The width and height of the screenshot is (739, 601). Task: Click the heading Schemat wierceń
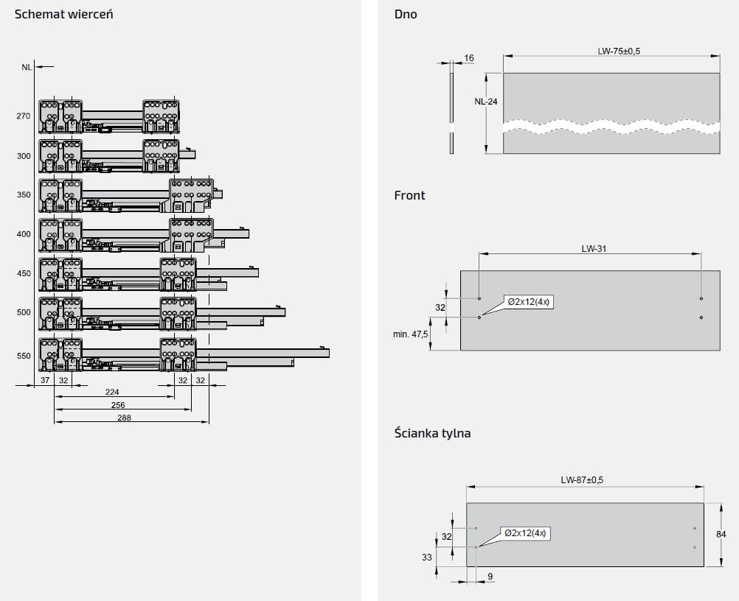pos(64,14)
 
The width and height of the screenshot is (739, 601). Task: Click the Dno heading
pos(406,14)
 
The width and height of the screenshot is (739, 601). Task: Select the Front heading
pos(409,195)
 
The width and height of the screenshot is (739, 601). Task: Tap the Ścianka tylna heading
pos(432,433)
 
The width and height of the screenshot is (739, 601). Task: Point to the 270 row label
pos(24,116)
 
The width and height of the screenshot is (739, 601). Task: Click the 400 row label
pos(24,234)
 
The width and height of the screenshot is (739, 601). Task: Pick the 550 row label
pos(24,356)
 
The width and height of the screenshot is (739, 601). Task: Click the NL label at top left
pos(27,67)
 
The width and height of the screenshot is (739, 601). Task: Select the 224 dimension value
pos(111,392)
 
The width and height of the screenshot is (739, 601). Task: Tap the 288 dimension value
pos(124,418)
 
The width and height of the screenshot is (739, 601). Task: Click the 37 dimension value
pos(45,380)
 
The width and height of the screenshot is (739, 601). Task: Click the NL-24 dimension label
pos(486,102)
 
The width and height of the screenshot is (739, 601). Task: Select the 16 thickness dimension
pos(469,57)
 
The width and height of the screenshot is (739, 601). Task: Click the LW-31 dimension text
pos(594,248)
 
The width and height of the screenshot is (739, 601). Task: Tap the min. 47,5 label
pos(412,334)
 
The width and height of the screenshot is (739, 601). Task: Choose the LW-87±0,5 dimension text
pos(582,480)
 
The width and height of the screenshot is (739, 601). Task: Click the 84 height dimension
pos(722,535)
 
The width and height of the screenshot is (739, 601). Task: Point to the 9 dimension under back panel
pos(490,577)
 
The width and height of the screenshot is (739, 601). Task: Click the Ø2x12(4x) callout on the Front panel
pos(528,302)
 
